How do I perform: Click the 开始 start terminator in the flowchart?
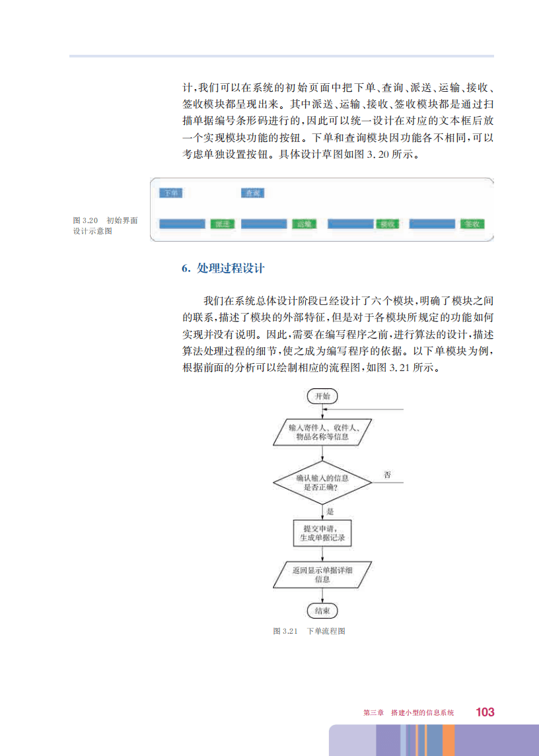tap(322, 396)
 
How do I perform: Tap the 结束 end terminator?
tap(322, 610)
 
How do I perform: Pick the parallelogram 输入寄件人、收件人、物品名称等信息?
tap(322, 432)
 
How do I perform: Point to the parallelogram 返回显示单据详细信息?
tap(322, 574)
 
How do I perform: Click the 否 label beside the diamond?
tap(387, 475)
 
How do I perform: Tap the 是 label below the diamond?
tap(330, 511)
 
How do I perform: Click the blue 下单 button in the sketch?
tap(172, 193)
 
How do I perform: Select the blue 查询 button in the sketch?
tap(253, 193)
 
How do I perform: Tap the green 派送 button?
tap(223, 224)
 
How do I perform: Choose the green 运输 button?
tap(304, 224)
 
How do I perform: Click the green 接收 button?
tap(388, 224)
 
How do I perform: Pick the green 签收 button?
tap(472, 224)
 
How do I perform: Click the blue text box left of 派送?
tap(182, 224)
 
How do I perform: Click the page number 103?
tap(485, 712)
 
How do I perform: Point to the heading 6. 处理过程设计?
tap(223, 269)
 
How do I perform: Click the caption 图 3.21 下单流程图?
tap(309, 631)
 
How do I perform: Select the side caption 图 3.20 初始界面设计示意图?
tap(105, 226)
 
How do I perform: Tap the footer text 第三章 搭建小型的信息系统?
tap(409, 713)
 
